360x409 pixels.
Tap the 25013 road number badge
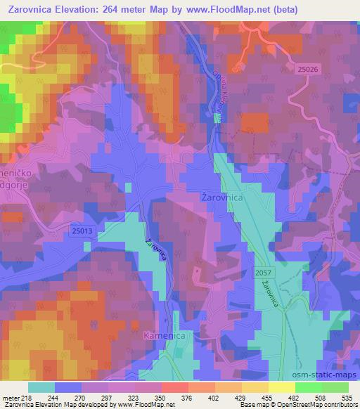[x=82, y=230]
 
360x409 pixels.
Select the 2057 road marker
[x=263, y=271]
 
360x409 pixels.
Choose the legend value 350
[x=160, y=397]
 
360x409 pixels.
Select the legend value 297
[x=107, y=397]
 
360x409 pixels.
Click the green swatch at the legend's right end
[x=335, y=387]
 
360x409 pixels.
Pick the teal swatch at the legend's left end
[x=41, y=387]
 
